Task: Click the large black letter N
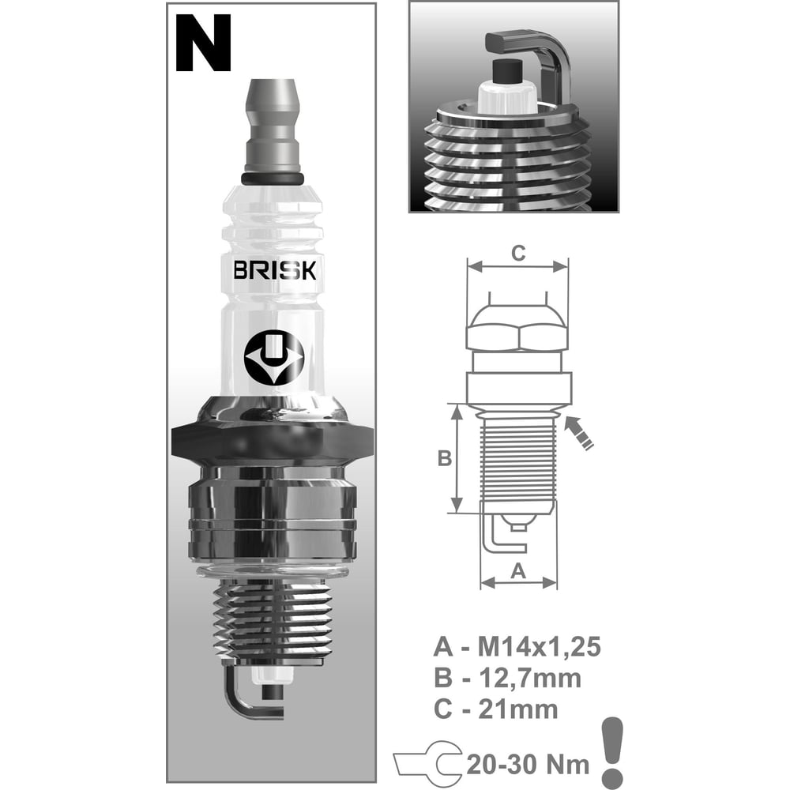(x=203, y=43)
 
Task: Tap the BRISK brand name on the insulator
(x=275, y=270)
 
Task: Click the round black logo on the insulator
(x=274, y=358)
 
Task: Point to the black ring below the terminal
(x=272, y=179)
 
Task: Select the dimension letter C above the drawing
(x=518, y=253)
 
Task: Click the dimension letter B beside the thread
(x=444, y=458)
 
